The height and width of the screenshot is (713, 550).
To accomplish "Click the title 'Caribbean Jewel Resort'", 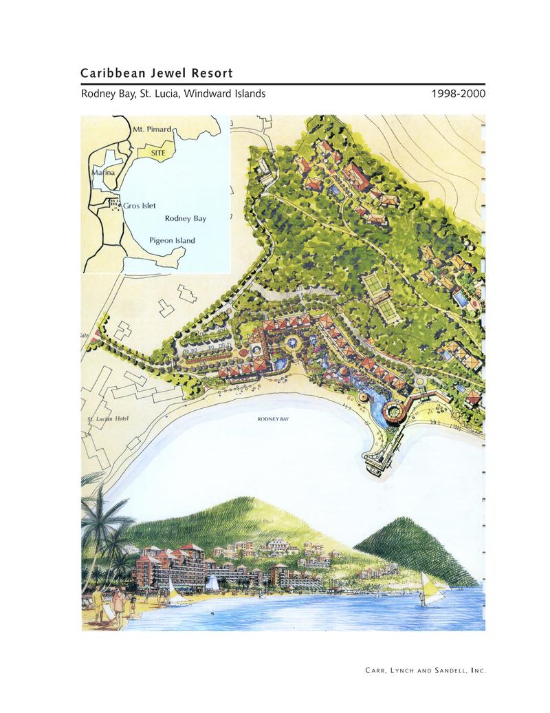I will [x=157, y=73].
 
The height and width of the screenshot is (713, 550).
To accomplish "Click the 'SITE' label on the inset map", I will [x=158, y=153].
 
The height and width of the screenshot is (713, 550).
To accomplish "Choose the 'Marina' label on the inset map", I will [x=103, y=172].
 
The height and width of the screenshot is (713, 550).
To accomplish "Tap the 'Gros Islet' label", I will [x=139, y=206].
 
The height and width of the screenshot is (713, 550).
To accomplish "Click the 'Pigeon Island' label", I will [x=172, y=241].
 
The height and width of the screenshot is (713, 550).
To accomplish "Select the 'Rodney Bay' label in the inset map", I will [x=186, y=219].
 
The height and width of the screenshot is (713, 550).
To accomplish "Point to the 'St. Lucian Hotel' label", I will [x=108, y=419].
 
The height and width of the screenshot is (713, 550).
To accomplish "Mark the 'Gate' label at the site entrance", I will [x=85, y=335].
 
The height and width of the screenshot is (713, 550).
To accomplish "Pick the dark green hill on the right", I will [x=419, y=551].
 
